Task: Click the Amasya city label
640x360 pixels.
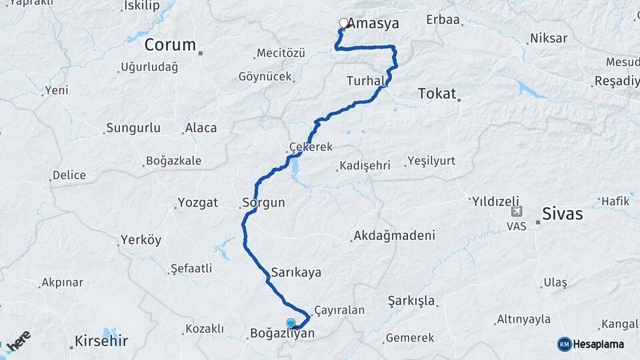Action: (x=374, y=24)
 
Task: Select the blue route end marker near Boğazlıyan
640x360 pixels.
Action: (x=291, y=323)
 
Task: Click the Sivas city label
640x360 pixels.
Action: (x=563, y=214)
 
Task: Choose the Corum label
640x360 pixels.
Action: (x=171, y=45)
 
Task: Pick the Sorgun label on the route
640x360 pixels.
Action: (x=264, y=203)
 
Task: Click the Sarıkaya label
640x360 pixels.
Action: (x=296, y=272)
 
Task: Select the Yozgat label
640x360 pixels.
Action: (x=198, y=203)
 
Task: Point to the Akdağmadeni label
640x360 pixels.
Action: (x=395, y=235)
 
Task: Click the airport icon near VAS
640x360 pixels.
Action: (x=516, y=211)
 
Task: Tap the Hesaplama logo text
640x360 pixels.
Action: (x=599, y=344)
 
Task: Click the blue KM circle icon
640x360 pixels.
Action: (x=565, y=344)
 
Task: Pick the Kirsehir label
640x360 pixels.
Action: (x=101, y=341)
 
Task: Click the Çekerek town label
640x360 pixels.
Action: (x=311, y=147)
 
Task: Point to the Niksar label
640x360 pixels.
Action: (x=549, y=38)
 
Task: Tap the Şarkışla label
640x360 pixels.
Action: (x=411, y=301)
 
